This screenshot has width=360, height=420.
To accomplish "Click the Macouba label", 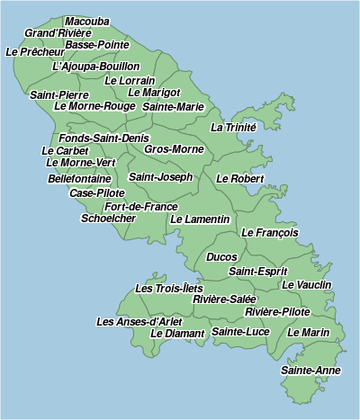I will click(87, 21).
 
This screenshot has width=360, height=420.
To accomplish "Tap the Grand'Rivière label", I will click(58, 32).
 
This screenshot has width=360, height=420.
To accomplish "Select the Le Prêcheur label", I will click(35, 52).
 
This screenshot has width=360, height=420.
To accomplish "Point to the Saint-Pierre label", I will click(59, 94).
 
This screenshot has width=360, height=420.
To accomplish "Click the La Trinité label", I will click(234, 128).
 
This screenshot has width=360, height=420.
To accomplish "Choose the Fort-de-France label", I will click(141, 206).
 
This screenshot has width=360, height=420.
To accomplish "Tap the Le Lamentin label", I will click(201, 219).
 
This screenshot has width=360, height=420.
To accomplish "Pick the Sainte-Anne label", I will click(310, 370).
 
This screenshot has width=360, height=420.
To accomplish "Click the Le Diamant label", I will click(178, 333).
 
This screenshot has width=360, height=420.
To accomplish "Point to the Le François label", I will click(270, 232).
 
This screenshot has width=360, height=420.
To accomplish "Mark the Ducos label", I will click(222, 257).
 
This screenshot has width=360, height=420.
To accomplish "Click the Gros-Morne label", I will click(174, 148).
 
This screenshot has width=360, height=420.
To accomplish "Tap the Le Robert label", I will click(240, 178).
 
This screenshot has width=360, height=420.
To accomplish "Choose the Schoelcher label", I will click(108, 218).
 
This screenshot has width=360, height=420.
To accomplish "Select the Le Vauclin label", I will click(307, 284).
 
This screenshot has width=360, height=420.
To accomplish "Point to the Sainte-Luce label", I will click(240, 332).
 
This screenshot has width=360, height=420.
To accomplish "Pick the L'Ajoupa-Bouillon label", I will click(96, 66).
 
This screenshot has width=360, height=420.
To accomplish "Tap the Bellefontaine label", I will click(80, 178).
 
